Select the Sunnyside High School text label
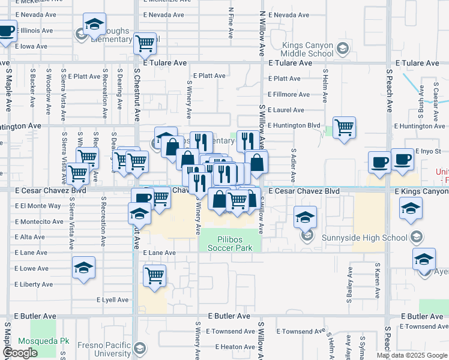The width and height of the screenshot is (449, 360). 382,238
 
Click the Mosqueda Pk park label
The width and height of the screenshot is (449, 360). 43,341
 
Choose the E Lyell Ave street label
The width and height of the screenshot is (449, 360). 112,300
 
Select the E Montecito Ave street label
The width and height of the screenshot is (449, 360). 39,221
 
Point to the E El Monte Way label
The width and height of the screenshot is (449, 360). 38,206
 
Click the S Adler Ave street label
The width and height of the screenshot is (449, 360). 293,166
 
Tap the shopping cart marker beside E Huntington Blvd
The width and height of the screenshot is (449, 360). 345,127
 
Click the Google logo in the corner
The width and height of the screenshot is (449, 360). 20,353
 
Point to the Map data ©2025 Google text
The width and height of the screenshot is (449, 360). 411,355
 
